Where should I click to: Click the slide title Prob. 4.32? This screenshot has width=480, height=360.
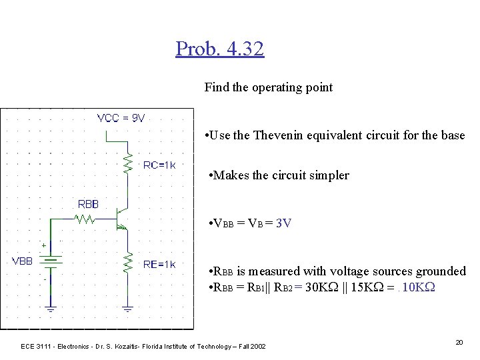point(220,49)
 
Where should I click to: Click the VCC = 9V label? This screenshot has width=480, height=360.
point(121,118)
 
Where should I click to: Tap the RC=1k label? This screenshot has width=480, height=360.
point(159,165)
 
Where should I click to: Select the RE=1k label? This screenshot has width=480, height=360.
point(159,265)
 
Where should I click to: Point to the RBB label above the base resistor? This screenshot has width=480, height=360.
point(88,204)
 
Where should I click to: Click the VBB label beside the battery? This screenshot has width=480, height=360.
point(22,261)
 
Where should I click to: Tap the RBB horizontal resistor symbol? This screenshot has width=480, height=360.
point(85,218)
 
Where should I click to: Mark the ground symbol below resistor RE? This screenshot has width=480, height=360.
point(127,309)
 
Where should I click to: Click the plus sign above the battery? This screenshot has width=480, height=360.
point(45,245)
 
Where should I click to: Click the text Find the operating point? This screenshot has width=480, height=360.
point(268,87)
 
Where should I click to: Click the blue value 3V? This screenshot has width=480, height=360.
point(283,223)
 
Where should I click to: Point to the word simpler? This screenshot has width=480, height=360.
point(327,175)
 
